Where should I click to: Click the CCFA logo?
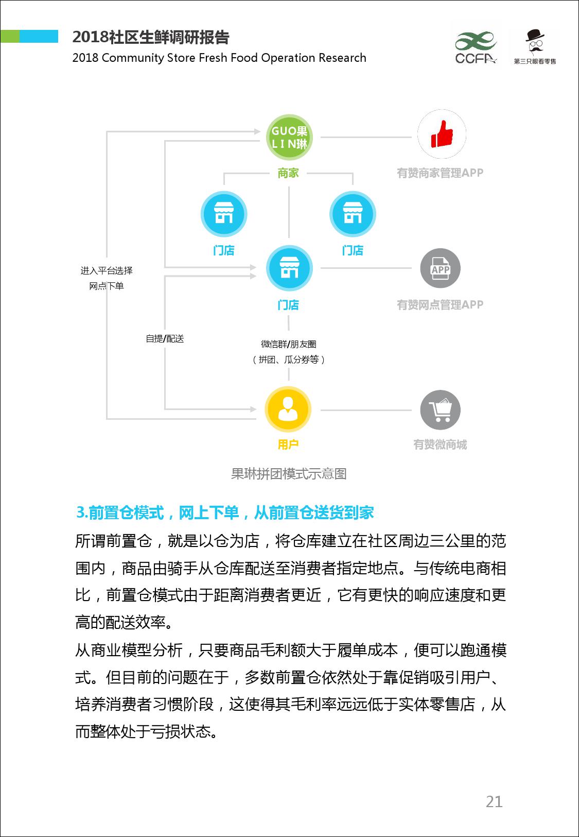point(476,47)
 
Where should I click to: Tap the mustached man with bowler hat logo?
point(535,47)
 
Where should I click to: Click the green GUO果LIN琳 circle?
point(289,137)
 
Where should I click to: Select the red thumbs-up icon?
point(442,134)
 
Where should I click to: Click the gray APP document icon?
point(440,268)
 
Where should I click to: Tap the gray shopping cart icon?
point(440,410)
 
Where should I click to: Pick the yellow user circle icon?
point(288,409)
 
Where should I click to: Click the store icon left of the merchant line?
point(223,214)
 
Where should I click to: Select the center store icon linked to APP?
point(289,268)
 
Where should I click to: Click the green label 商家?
point(288,173)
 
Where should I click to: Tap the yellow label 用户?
point(288,445)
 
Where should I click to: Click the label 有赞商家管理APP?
point(440,173)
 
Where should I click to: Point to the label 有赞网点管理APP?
point(440,304)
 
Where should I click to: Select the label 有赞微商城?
point(440,445)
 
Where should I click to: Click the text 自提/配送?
point(165,338)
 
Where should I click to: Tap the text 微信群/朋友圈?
point(289,344)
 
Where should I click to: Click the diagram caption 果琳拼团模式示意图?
point(289,473)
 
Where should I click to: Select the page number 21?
point(494,801)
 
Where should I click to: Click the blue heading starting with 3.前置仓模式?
point(225,513)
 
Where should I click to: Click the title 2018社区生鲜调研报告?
point(151,37)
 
